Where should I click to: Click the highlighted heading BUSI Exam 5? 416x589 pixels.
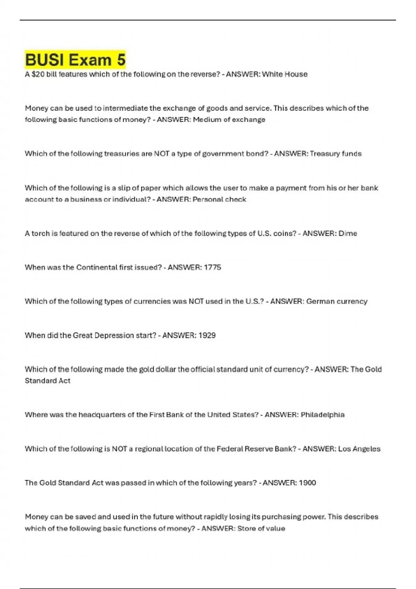coord(75,60)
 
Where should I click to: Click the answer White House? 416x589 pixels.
coord(285,74)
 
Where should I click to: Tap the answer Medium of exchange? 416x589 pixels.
coord(229,120)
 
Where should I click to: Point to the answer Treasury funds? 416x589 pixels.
coord(335,153)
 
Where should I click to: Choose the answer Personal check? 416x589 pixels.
coord(219,199)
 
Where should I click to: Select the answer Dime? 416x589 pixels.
coord(347,233)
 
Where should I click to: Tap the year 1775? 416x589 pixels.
coord(212,267)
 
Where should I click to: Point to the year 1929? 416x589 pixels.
coord(207,335)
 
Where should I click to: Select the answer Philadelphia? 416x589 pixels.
coord(322,415)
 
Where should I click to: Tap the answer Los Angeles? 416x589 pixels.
coord(359,449)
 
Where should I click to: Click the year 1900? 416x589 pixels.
coord(307,483)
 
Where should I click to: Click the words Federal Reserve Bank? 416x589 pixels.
coord(257,449)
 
